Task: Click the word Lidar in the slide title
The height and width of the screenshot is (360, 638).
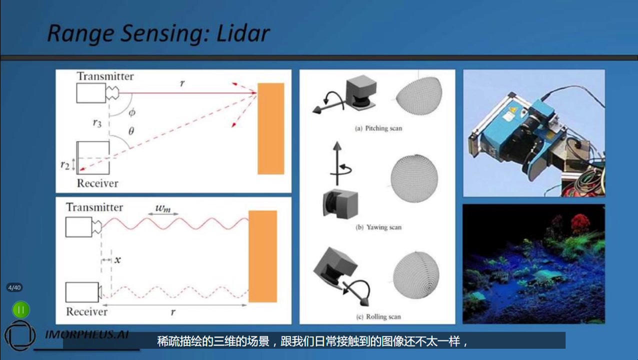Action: pos(243,33)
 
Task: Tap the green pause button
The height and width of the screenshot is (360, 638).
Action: pos(21,309)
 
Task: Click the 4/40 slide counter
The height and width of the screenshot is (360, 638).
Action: pos(14,287)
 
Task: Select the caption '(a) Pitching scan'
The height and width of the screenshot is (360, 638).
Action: pos(378,128)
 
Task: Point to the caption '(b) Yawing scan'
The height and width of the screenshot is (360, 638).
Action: pos(378,227)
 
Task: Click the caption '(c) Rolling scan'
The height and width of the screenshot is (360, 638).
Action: pos(378,316)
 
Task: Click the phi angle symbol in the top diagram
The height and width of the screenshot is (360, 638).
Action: pos(132,113)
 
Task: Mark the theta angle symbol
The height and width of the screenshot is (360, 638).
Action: pos(131,130)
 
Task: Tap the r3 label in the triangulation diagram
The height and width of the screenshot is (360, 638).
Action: pos(97,123)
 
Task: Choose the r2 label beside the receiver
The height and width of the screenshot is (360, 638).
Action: pos(65,165)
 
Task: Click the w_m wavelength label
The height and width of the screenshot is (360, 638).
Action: pos(163,208)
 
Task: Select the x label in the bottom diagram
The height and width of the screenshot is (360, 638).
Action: pos(117,259)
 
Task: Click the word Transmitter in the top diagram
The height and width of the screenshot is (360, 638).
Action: pos(105,76)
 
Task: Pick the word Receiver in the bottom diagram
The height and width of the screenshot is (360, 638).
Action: pos(86,311)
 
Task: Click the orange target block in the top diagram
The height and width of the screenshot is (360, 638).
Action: pos(271,128)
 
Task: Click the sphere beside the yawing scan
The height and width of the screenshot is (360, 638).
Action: pos(414,178)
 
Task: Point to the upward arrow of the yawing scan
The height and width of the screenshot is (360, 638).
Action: pos(337,163)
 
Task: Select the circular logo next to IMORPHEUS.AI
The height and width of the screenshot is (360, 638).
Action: pos(20,335)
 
